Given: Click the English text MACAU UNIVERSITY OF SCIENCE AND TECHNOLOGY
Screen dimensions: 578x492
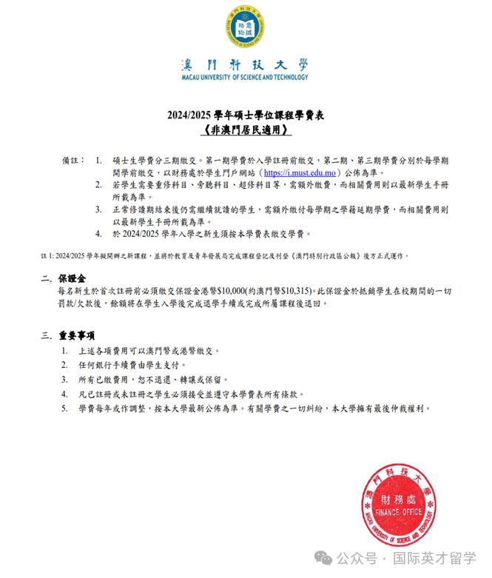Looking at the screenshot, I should coord(244,77).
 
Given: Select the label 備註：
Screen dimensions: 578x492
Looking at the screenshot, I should coord(75,159).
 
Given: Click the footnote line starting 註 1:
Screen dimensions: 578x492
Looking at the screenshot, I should coord(222,255).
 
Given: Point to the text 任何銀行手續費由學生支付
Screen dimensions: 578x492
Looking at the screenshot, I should coord(140,365).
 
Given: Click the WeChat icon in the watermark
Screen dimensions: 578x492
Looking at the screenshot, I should coord(326,556).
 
